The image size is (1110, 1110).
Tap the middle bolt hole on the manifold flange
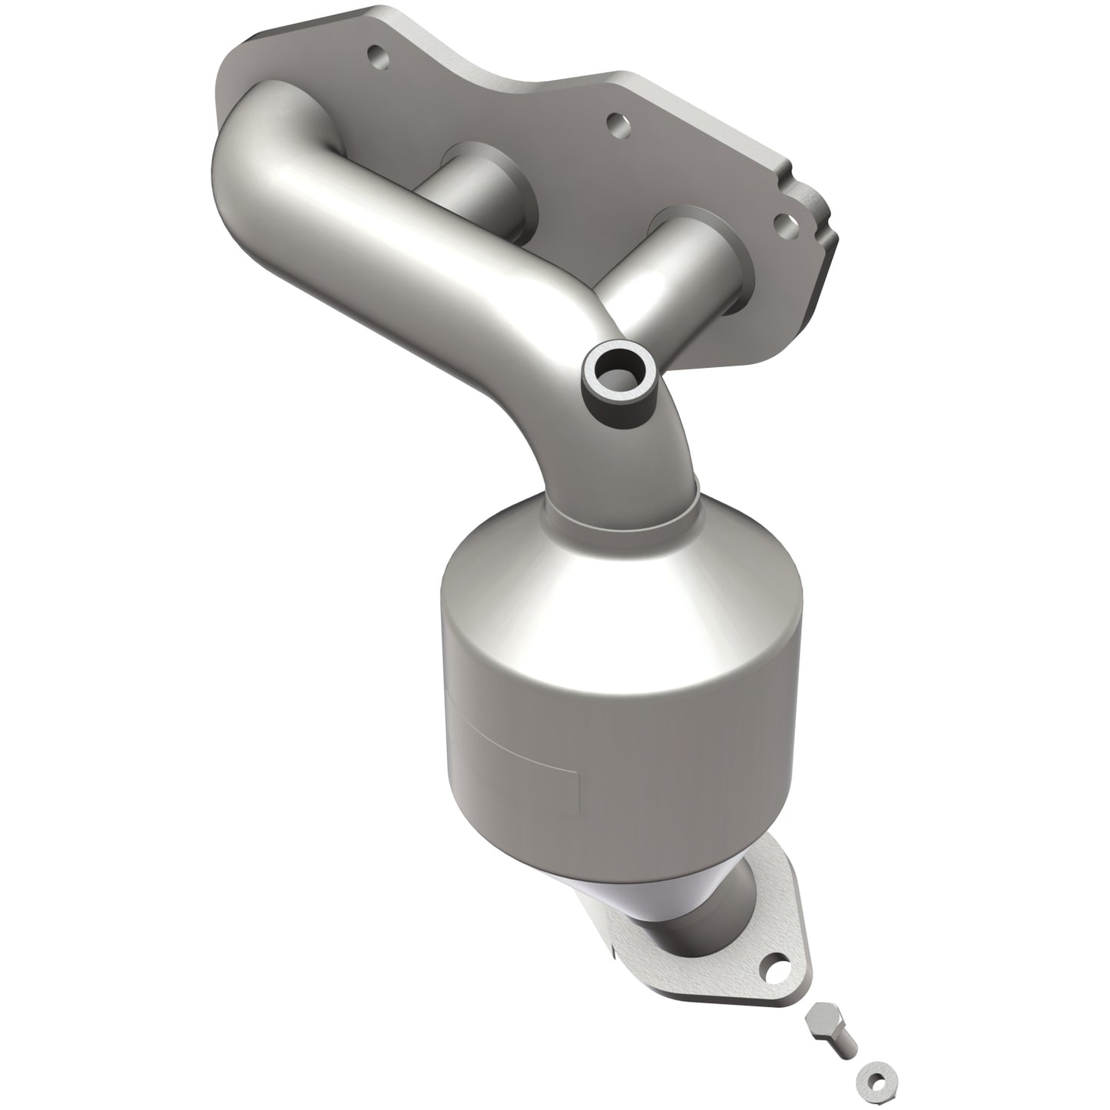pyautogui.click(x=615, y=121)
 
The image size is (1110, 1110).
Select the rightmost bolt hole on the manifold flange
pyautogui.click(x=784, y=223)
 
